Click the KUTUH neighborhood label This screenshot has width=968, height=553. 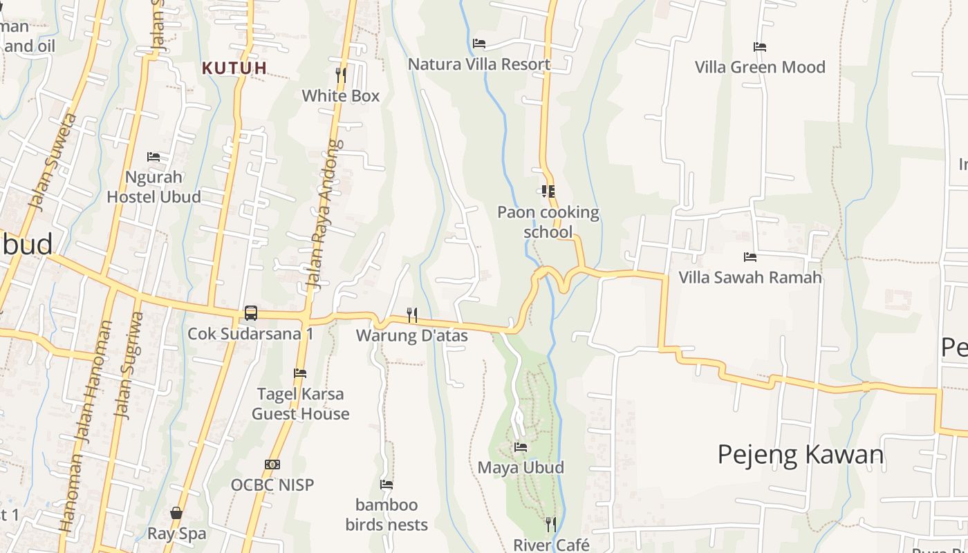234,68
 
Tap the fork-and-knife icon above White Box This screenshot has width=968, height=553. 340,74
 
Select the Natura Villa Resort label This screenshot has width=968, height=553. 479,64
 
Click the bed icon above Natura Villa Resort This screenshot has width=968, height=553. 478,44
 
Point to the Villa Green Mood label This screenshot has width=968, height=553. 760,67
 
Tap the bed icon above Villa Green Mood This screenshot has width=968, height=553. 760,47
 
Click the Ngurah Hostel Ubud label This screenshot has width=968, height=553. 153,187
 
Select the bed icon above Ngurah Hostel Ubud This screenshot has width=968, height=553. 153,157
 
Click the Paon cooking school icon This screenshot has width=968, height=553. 548,191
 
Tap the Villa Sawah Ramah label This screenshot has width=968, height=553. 750,277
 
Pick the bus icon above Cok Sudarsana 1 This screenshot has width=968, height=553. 251,313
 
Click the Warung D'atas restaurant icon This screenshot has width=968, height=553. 411,315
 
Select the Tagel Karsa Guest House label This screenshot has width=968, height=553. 300,404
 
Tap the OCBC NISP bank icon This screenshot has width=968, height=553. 272,465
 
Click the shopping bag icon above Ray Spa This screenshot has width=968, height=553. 176,513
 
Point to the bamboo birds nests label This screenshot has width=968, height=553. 387,514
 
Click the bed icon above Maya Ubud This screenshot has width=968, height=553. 521,447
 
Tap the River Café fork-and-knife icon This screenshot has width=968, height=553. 551,525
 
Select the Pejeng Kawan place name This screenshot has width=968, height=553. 801,454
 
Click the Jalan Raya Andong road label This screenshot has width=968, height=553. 324,214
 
